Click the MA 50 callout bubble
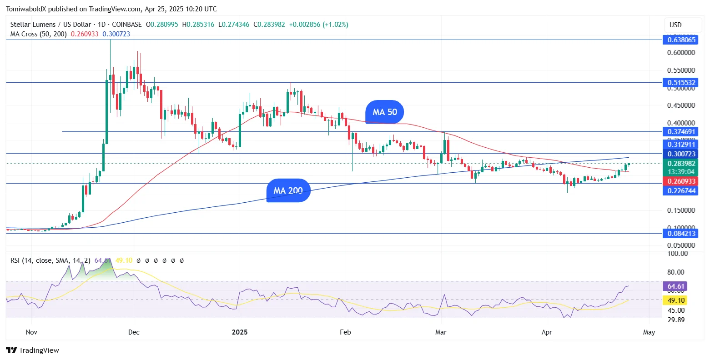(x=384, y=112)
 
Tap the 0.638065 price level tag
(x=681, y=40)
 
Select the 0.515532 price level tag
(x=681, y=83)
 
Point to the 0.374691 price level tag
(x=681, y=132)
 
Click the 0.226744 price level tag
(x=681, y=191)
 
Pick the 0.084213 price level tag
(x=681, y=234)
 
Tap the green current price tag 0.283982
(x=681, y=164)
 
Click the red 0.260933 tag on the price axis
(x=681, y=181)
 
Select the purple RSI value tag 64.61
(x=675, y=286)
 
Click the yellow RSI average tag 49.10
(x=675, y=300)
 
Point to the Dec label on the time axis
(x=134, y=332)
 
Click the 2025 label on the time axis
(x=240, y=332)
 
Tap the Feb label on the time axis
(x=345, y=332)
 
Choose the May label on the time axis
(x=649, y=332)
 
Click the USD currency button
(x=675, y=25)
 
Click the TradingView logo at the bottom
(x=33, y=350)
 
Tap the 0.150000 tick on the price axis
(x=681, y=210)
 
